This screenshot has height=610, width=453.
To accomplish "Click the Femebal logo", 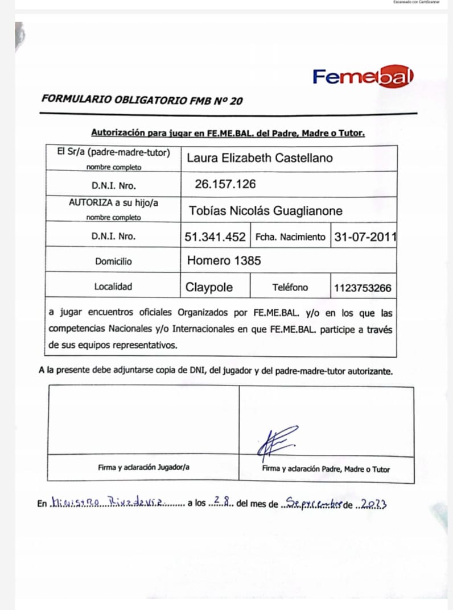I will [363, 77].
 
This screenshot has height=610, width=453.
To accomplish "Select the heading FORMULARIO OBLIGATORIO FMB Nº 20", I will [142, 99].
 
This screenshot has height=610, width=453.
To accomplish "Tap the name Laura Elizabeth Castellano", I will [260, 158].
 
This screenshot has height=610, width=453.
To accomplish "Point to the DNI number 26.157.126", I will [225, 184].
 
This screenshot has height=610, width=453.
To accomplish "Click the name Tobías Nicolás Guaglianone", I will [265, 211].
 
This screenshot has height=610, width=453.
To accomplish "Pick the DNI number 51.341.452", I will [215, 236].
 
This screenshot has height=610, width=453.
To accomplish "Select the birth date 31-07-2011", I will [365, 236].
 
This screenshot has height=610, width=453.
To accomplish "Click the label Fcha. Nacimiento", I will [290, 237].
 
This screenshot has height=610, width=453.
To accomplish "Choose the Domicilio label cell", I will [113, 262].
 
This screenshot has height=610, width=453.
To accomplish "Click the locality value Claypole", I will [209, 288].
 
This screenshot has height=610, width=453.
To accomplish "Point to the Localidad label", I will [113, 287].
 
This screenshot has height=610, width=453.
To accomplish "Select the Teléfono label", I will [290, 288].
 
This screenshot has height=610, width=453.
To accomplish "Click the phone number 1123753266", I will [363, 288].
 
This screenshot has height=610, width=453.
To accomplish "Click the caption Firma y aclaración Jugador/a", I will [143, 467].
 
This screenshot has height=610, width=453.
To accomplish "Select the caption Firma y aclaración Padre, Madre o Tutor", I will [326, 469].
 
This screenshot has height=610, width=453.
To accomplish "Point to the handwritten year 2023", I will [372, 503].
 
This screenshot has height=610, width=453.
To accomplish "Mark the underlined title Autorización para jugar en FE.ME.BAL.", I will [228, 134].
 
